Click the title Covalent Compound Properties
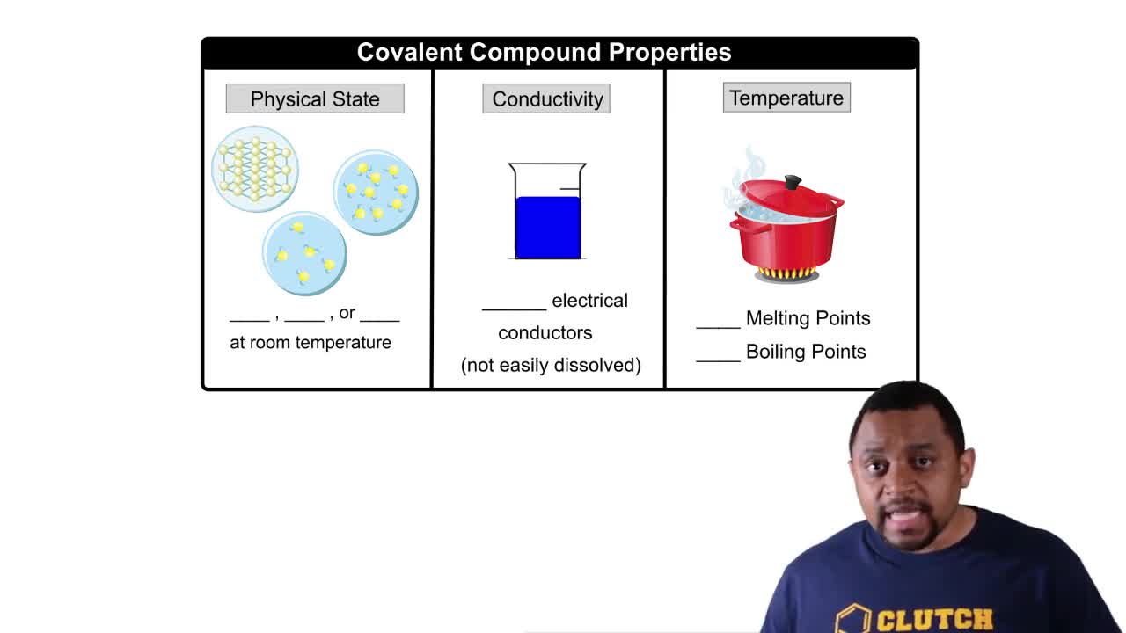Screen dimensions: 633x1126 click(544, 52)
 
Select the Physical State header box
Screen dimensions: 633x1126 click(315, 98)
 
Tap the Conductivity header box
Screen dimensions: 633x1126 click(546, 98)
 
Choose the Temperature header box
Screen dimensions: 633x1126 click(786, 98)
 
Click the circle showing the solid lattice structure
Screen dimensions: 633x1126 click(255, 169)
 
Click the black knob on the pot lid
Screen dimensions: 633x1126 click(792, 182)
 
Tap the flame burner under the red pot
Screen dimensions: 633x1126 click(786, 274)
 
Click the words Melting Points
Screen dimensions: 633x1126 click(808, 318)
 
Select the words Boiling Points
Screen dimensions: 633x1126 click(806, 352)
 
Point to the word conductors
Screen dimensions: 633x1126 click(545, 333)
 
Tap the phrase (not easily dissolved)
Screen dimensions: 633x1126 click(551, 365)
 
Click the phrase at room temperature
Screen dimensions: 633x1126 click(311, 343)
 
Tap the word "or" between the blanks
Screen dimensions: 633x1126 click(347, 313)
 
